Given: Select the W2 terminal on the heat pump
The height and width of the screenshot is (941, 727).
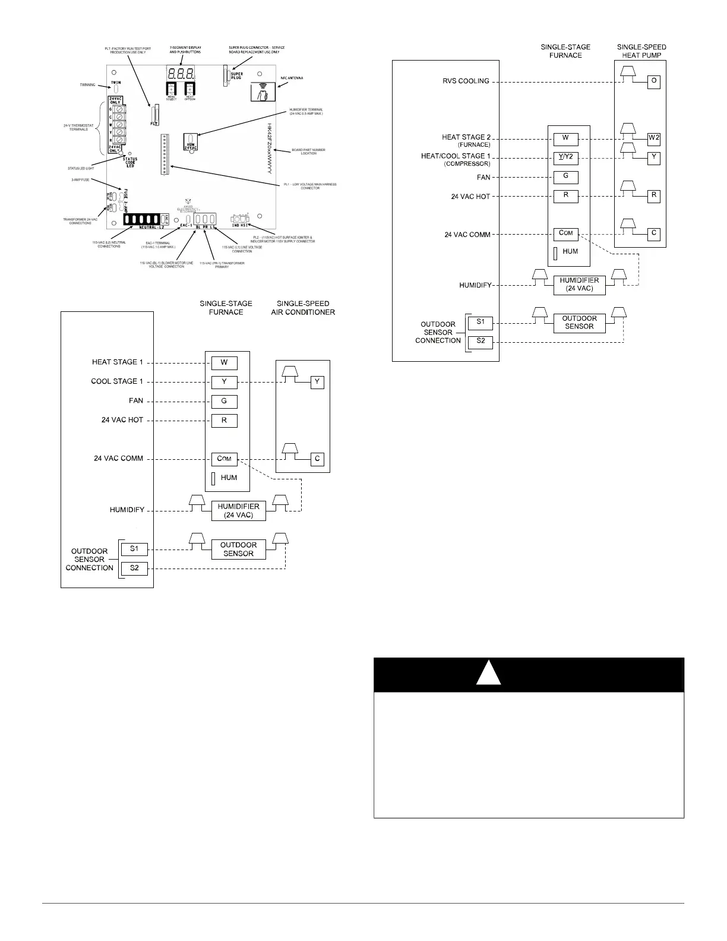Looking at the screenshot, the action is click(x=653, y=138).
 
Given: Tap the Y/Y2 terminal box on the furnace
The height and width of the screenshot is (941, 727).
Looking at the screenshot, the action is click(x=565, y=157).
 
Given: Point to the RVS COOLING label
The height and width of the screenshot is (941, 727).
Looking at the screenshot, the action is click(x=465, y=81).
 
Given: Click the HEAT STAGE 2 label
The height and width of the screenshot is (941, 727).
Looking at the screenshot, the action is click(x=466, y=138).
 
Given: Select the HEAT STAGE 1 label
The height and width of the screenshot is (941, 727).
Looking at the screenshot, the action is click(x=117, y=362).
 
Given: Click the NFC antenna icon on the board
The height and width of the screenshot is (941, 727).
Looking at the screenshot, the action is click(x=261, y=93).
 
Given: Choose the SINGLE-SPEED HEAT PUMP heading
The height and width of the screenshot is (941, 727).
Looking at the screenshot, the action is click(x=641, y=51).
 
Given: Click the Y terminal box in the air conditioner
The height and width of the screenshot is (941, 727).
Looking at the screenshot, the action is click(x=318, y=382).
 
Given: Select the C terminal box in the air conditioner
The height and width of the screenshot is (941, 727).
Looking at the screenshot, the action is click(x=318, y=459).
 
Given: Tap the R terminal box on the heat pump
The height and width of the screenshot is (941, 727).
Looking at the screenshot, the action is click(x=653, y=195).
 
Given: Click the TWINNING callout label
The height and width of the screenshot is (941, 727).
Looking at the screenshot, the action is click(x=87, y=85).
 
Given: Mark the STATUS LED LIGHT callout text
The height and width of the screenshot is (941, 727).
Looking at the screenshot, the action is click(x=81, y=168).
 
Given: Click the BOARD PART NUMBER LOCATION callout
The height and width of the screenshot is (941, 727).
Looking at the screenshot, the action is click(x=308, y=151).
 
